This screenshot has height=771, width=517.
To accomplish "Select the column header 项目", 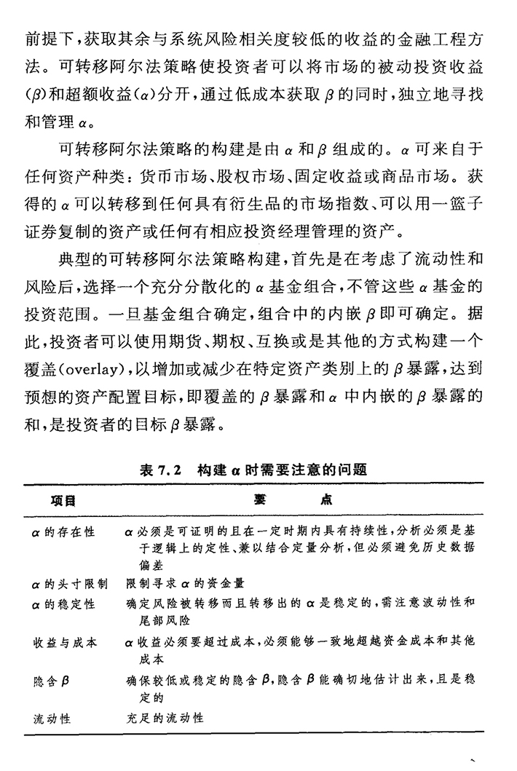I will tap(63, 502).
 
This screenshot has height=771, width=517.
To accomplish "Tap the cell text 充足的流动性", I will tap(165, 718).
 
